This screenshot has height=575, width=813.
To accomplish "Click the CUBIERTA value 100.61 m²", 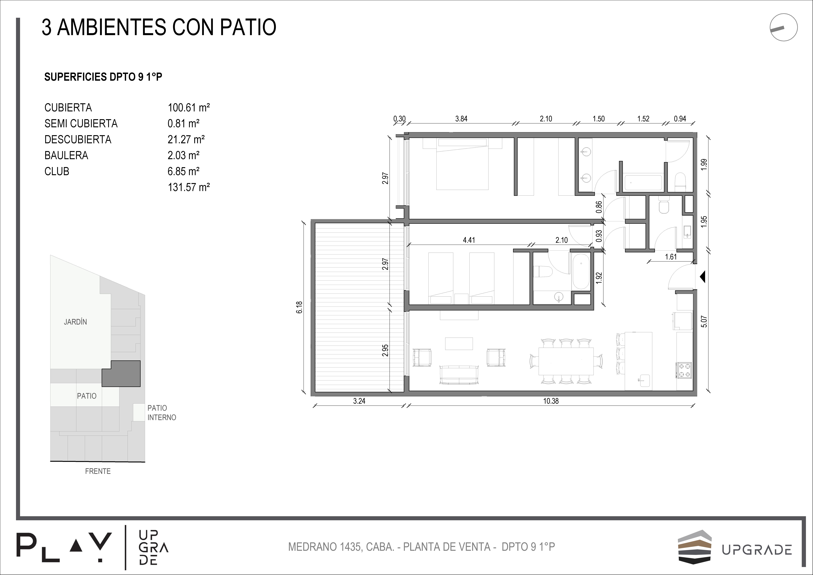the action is (189, 107).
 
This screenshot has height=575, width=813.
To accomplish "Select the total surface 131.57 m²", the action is (189, 187).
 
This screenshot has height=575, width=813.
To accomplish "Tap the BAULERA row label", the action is (66, 155).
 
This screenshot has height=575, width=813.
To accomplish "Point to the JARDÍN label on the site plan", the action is (75, 322).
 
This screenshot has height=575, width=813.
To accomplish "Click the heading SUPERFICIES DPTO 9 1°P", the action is (103, 77).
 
